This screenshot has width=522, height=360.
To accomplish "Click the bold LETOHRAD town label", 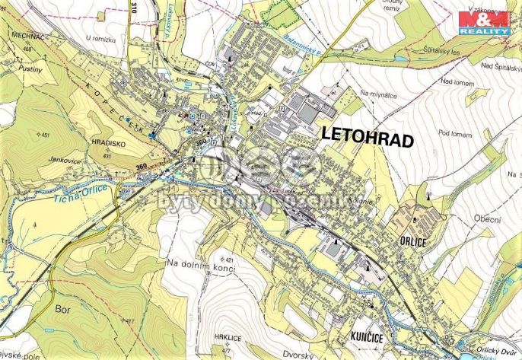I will (x=368, y=139).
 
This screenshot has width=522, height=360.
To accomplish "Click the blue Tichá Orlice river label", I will (x=83, y=193).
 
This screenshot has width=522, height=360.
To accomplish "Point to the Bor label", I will (x=62, y=308).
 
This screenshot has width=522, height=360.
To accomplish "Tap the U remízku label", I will (x=100, y=37).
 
